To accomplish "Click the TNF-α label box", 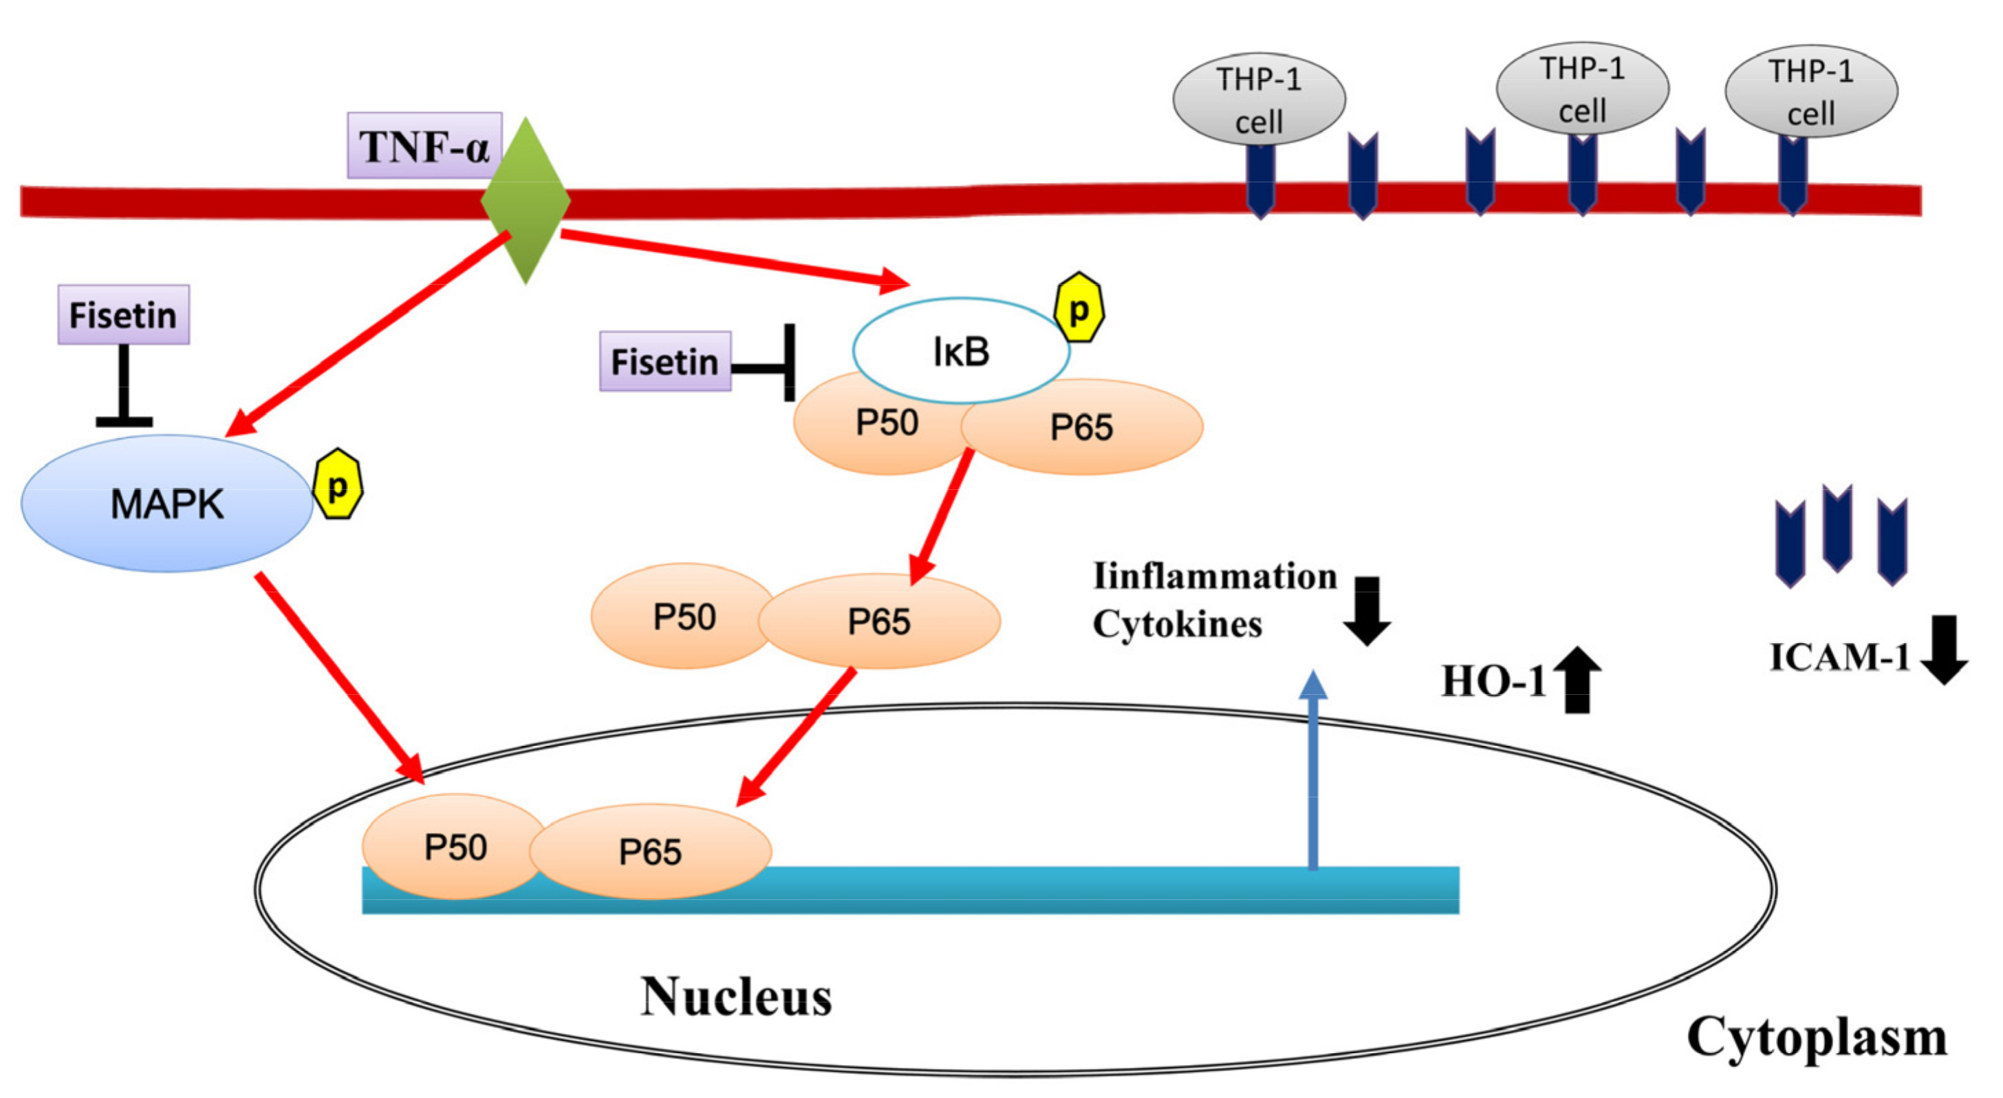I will pyautogui.click(x=424, y=145).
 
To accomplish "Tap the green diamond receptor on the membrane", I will pyautogui.click(x=526, y=201).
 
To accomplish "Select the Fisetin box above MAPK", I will pyautogui.click(x=124, y=314).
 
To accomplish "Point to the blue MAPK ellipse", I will pyautogui.click(x=166, y=503).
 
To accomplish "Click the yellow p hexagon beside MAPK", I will pyautogui.click(x=338, y=484).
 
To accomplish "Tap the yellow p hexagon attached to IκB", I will pyautogui.click(x=1079, y=308).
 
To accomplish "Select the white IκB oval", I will pyautogui.click(x=960, y=351).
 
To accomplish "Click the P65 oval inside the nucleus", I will pyautogui.click(x=650, y=851).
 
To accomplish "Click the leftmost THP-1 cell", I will pyautogui.click(x=1258, y=100).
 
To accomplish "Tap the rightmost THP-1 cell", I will pyautogui.click(x=1810, y=91).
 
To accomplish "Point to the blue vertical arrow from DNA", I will pyautogui.click(x=1312, y=770).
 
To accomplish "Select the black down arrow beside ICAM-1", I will pyautogui.click(x=1943, y=649).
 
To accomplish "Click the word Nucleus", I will pyautogui.click(x=735, y=996).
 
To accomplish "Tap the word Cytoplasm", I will pyautogui.click(x=1816, y=1037).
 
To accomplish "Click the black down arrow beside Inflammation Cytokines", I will pyautogui.click(x=1366, y=610).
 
